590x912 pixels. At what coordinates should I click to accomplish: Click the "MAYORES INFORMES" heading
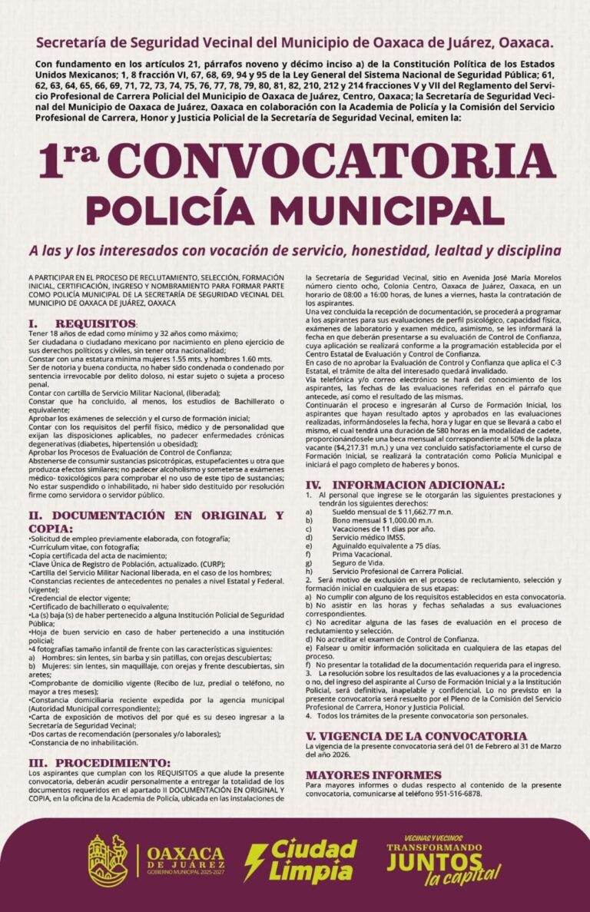(373, 774)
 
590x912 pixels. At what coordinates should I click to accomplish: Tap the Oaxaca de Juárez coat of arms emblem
(108, 861)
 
